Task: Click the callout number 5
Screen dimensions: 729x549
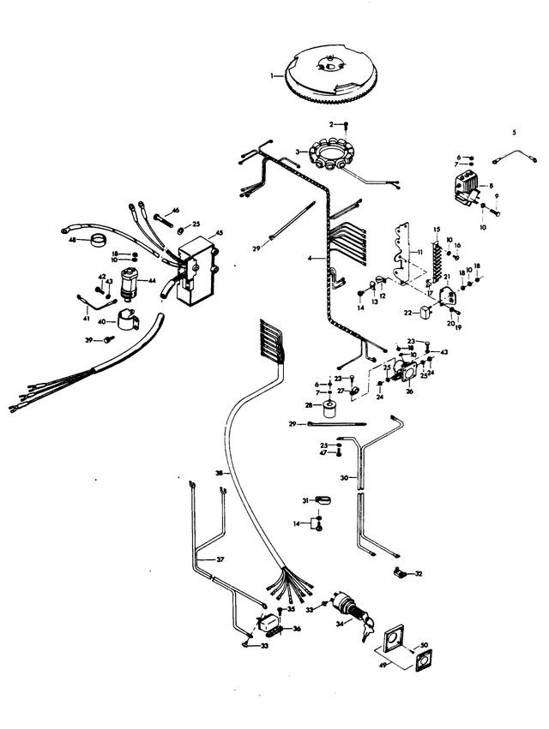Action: point(514,133)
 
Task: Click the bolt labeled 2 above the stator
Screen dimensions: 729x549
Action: point(345,125)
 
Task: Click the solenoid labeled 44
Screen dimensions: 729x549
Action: point(132,280)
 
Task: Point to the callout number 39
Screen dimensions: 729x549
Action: point(87,340)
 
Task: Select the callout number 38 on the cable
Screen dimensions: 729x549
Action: point(219,473)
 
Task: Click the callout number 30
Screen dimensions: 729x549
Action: point(343,477)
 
